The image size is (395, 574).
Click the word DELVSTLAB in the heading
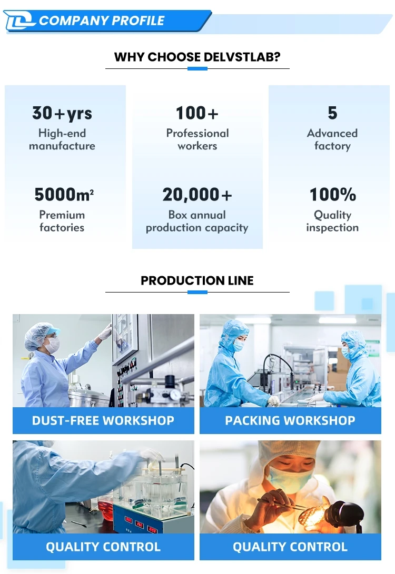pos(241,57)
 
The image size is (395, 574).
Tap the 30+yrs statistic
pos(62,113)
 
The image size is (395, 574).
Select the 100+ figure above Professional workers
pos(197,113)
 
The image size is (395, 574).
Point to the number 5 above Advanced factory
pos(332,113)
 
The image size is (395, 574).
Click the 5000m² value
pos(64,194)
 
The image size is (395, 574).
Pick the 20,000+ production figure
pos(197,195)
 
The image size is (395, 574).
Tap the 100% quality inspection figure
pos(332,194)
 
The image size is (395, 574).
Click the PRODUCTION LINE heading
pos(197,280)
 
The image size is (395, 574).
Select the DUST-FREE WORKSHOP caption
pos(103,420)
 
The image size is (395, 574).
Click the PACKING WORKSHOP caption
pos(290,420)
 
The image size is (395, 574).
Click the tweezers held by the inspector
pos(282,504)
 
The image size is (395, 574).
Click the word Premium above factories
pos(62,215)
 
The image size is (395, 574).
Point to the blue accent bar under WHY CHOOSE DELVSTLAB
pos(197,68)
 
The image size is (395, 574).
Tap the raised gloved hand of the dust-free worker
pos(106,331)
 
